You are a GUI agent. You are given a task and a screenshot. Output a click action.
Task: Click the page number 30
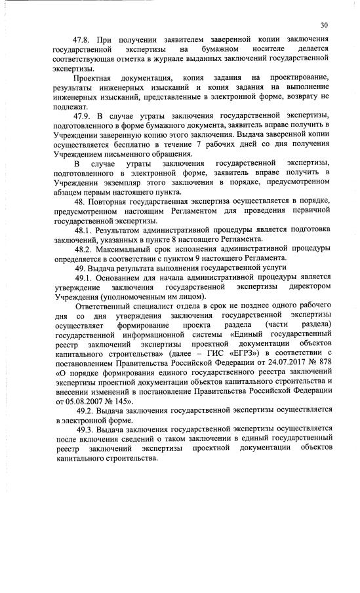pos(324,25)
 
